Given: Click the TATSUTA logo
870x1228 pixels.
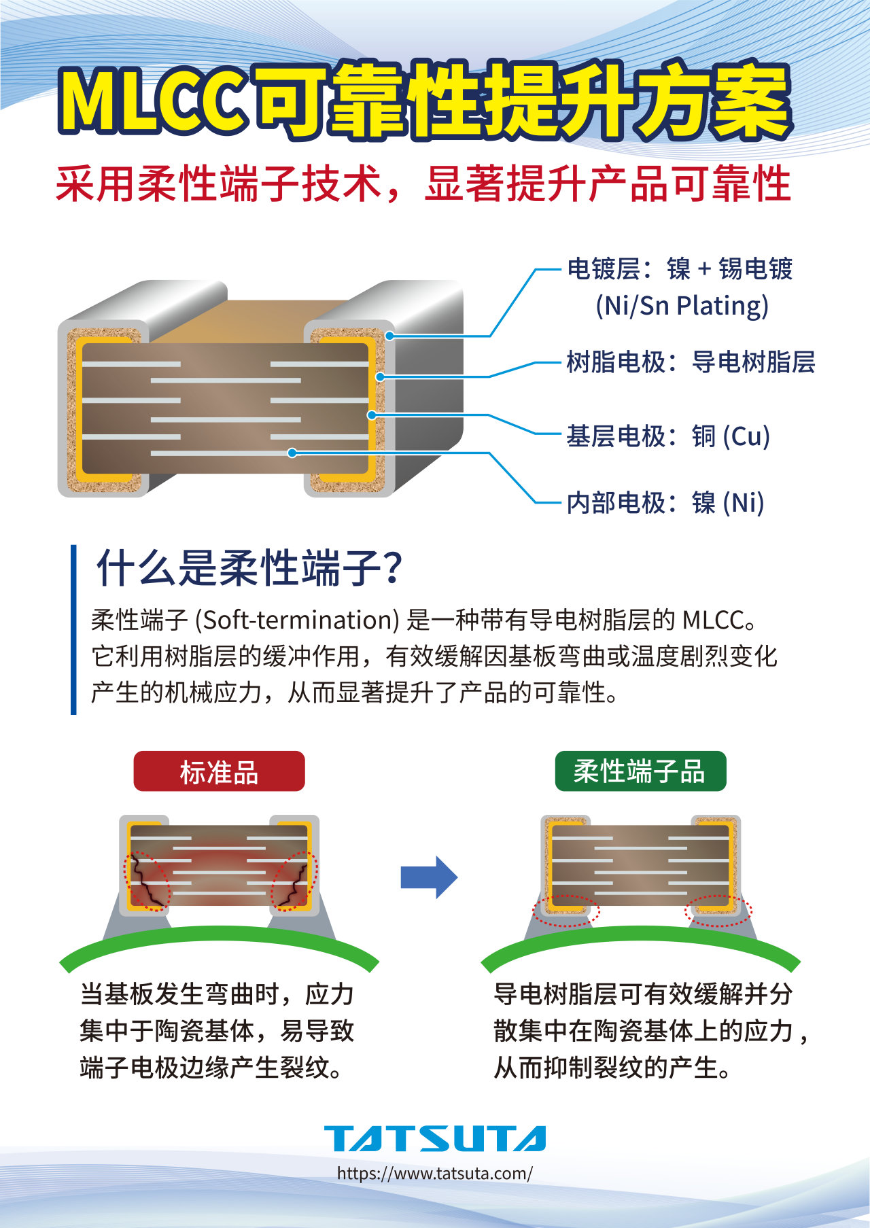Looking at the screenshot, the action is pyautogui.click(x=435, y=1138).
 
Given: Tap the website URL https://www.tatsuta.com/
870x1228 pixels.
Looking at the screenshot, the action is pyautogui.click(x=435, y=1174).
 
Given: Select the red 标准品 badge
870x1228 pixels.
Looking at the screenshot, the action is pyautogui.click(x=219, y=771).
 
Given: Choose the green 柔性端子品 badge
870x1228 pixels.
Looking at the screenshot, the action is pyautogui.click(x=640, y=771).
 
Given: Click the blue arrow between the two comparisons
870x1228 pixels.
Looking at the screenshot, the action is pyautogui.click(x=429, y=877).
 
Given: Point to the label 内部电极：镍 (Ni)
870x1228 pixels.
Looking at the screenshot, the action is pyautogui.click(x=665, y=503).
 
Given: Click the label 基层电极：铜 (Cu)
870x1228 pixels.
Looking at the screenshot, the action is pyautogui.click(x=668, y=436).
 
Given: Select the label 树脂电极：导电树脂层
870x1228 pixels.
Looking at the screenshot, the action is pyautogui.click(x=691, y=362).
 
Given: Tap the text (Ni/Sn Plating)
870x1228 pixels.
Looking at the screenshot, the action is pyautogui.click(x=682, y=306).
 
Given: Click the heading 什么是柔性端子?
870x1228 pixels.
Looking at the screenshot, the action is pyautogui.click(x=249, y=568).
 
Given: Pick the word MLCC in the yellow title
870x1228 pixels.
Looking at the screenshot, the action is pyautogui.click(x=154, y=100).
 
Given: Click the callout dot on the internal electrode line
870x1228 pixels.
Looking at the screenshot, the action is pyautogui.click(x=292, y=453).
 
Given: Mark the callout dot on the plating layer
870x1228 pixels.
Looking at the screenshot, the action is pyautogui.click(x=389, y=336).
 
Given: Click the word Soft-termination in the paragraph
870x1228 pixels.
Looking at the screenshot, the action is pyautogui.click(x=298, y=620).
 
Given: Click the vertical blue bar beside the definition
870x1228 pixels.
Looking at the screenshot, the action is pyautogui.click(x=73, y=629).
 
